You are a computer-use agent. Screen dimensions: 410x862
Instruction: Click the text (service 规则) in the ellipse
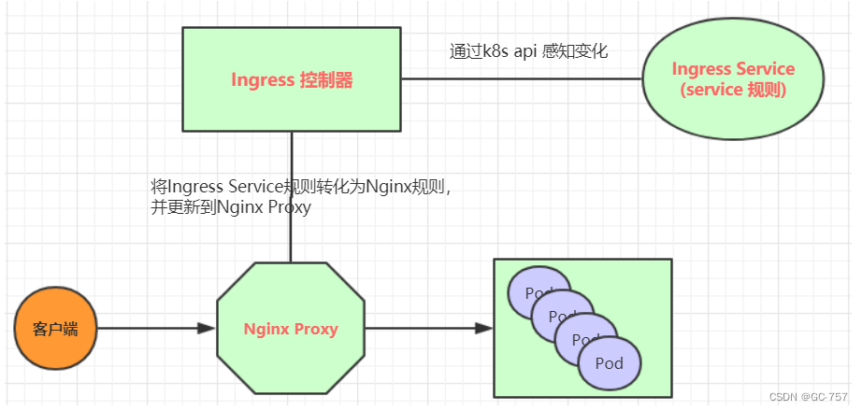(734, 92)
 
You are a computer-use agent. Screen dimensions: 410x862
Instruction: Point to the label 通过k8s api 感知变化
(528, 51)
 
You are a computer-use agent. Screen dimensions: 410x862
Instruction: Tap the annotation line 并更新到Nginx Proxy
(231, 208)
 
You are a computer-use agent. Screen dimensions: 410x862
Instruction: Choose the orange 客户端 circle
(55, 329)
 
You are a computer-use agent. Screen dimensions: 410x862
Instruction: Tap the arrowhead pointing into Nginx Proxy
(207, 328)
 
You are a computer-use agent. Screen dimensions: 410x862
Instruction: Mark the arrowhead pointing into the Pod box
(483, 328)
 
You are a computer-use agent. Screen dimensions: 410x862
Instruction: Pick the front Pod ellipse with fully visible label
(610, 361)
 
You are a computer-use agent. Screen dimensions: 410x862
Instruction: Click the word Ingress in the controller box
(262, 80)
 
